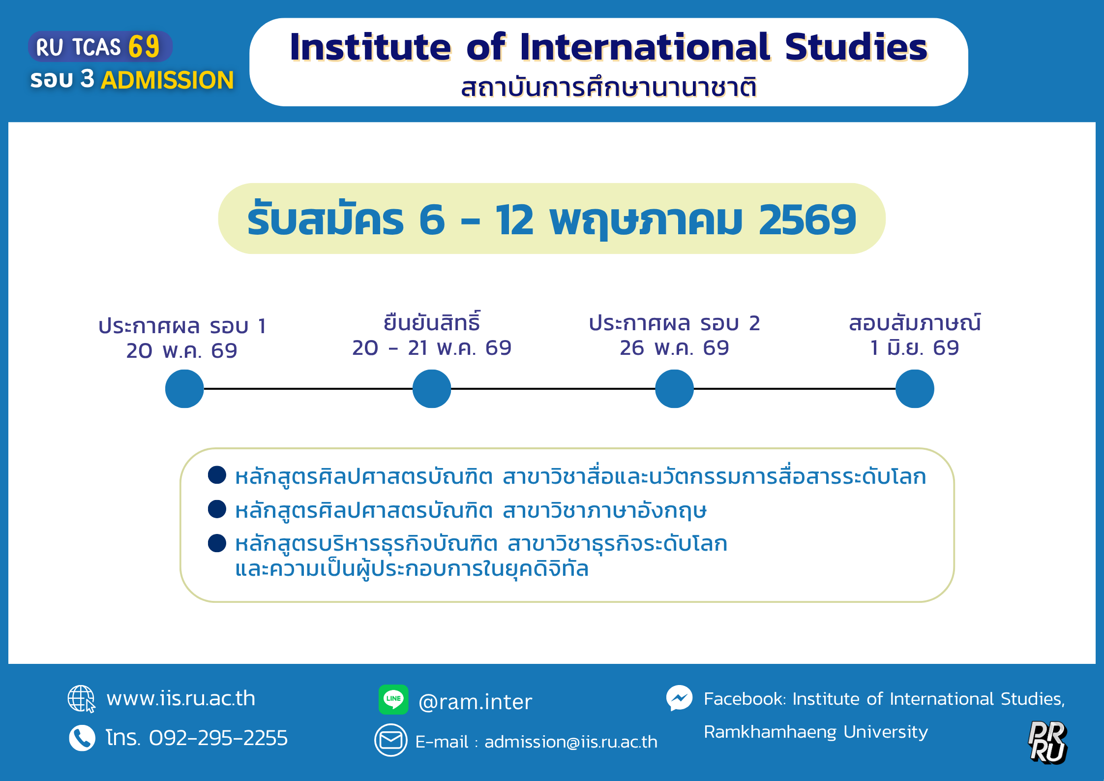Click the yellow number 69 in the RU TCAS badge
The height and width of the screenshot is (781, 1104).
[x=144, y=47]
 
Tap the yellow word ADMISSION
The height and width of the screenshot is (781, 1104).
[x=167, y=80]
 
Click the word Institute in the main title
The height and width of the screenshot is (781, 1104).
[x=370, y=47]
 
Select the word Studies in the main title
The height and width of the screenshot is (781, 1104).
[x=856, y=47]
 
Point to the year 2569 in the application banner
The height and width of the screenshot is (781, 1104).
[x=807, y=219]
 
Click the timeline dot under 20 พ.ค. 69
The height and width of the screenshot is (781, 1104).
[x=184, y=389]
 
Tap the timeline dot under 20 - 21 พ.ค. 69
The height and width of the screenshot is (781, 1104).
[x=432, y=389]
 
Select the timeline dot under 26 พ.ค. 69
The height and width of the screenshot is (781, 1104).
[x=675, y=389]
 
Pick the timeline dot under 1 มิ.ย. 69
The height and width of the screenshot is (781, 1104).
[x=915, y=389]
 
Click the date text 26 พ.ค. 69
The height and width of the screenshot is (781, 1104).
[x=674, y=348]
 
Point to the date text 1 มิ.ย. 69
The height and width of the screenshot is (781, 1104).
[x=915, y=348]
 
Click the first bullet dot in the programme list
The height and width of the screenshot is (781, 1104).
[x=217, y=475]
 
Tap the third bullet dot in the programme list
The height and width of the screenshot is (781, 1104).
[x=217, y=543]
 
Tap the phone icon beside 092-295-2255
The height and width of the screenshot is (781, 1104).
[x=82, y=738]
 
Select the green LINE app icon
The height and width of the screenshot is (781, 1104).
[x=393, y=699]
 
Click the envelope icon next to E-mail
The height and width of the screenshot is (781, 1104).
[x=391, y=740]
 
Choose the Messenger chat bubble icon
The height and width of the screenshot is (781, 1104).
[x=680, y=698]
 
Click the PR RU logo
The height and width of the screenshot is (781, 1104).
[x=1048, y=743]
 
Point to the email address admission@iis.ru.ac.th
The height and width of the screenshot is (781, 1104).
[x=571, y=742]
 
